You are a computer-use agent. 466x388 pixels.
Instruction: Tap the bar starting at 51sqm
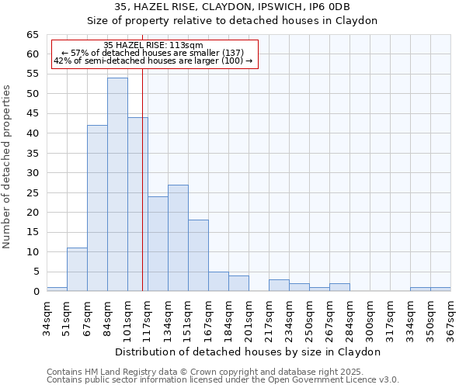point(77,269)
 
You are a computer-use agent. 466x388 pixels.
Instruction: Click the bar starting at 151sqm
point(198,255)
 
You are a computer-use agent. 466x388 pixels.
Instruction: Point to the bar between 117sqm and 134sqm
point(158,244)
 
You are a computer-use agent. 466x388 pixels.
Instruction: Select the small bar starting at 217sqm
point(279,285)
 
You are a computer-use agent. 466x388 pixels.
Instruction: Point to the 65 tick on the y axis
point(33,35)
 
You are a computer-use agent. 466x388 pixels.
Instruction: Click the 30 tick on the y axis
point(33,173)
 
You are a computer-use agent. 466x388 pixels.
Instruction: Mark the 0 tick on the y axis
point(36,292)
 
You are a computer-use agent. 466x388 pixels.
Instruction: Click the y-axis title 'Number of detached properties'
point(8,167)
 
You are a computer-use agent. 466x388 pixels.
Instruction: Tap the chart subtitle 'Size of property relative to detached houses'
point(232,21)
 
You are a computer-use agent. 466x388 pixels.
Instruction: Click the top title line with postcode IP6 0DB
point(232,7)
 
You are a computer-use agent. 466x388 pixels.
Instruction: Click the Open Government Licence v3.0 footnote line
point(223,380)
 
